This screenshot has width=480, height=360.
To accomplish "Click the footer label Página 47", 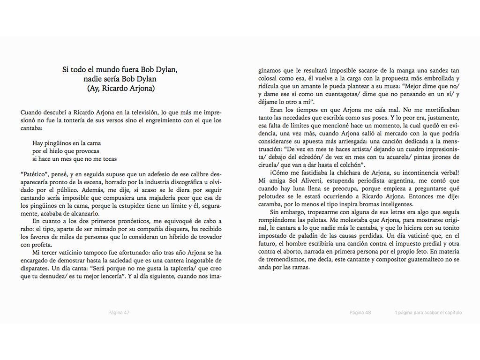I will coord(119,313).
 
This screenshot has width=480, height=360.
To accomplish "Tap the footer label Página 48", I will coord(360,313).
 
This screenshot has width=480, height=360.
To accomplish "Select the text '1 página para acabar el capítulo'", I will coord(428,313).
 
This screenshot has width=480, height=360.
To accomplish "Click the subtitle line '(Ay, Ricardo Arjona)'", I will coord(121,88).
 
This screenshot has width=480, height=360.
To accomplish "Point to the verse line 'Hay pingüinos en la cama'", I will coord(67,143).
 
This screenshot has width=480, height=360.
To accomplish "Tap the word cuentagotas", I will coord(347,94).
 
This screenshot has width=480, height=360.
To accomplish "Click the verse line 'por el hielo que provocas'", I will coord(66,151).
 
